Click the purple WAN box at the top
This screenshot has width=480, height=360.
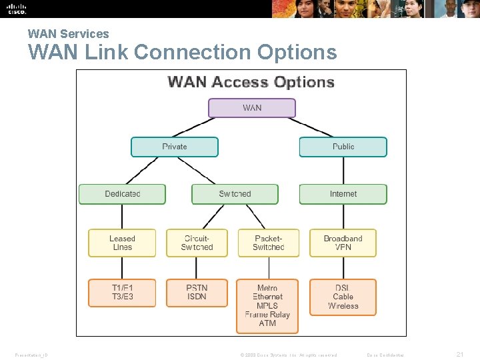tap(252, 108)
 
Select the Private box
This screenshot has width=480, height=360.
tap(175, 147)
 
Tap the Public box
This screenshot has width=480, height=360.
tap(343, 147)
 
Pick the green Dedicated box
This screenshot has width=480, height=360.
tap(122, 194)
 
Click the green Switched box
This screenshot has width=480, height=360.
tap(235, 194)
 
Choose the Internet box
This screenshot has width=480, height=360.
tap(343, 194)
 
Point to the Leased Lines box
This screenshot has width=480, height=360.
tap(122, 243)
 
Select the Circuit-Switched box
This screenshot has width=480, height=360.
tap(197, 243)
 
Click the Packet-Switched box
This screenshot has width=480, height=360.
tap(268, 243)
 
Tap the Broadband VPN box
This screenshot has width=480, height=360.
tap(343, 243)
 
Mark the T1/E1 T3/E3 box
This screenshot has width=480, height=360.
tap(122, 293)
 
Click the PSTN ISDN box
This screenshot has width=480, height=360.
tap(197, 293)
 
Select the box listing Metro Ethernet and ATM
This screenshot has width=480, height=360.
tap(267, 306)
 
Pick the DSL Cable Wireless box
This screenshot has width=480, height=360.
tap(343, 297)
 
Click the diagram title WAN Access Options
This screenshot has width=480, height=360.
tap(251, 83)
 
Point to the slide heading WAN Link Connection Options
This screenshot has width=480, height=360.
tap(182, 52)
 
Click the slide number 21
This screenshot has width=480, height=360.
tap(459, 355)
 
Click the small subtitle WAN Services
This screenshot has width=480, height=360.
tap(68, 33)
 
